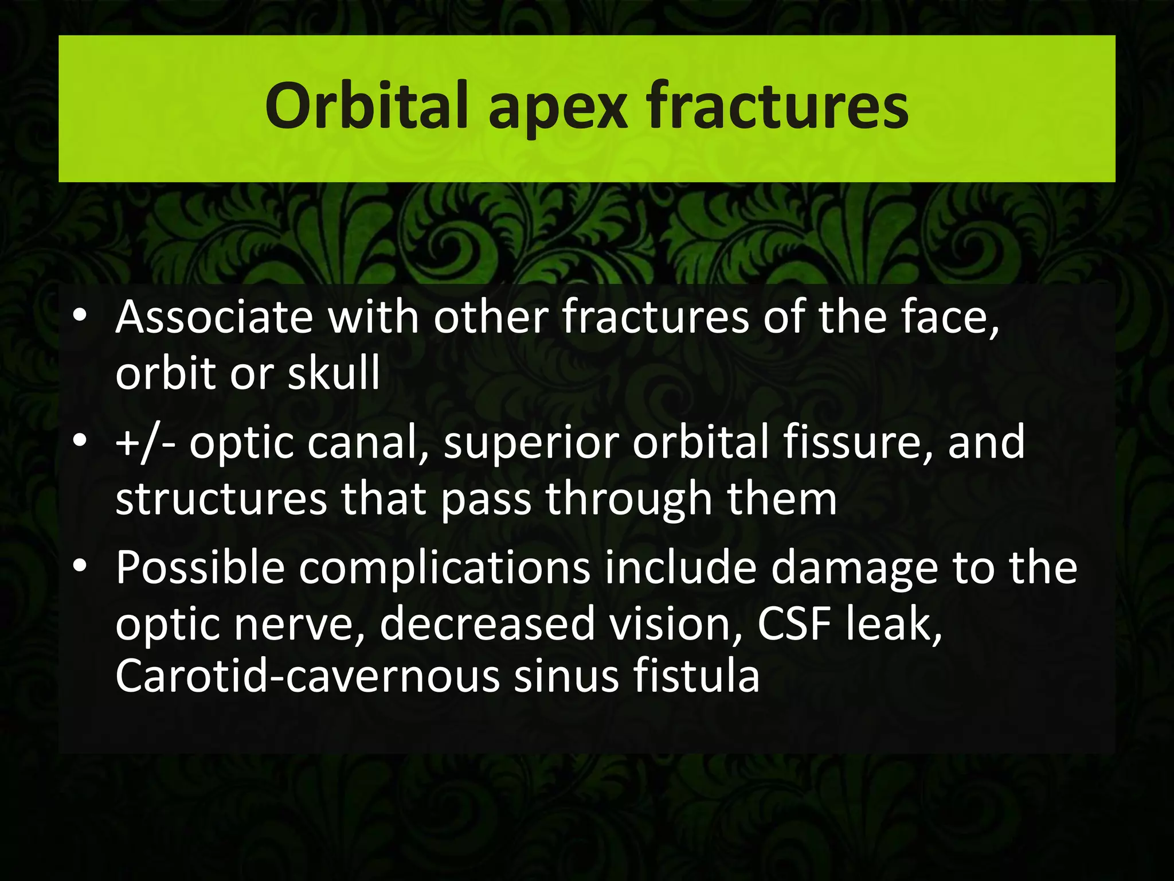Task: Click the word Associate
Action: pyautogui.click(x=214, y=317)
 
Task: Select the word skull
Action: pyautogui.click(x=334, y=373)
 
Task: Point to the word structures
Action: pyautogui.click(x=221, y=499)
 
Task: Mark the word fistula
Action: pyautogui.click(x=696, y=676)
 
